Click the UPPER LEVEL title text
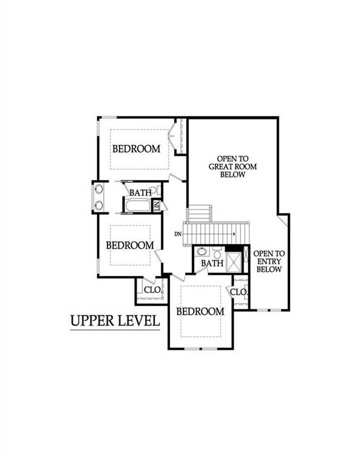(x=115, y=320)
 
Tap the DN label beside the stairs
(x=178, y=234)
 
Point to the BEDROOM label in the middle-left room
(x=129, y=245)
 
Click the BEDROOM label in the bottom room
(x=200, y=311)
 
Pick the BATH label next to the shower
(x=212, y=263)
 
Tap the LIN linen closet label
(x=157, y=206)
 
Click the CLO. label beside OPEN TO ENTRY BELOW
(x=239, y=292)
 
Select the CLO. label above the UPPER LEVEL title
(x=152, y=290)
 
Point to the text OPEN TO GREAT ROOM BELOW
(x=226, y=164)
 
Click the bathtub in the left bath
(x=137, y=205)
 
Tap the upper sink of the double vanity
(x=98, y=189)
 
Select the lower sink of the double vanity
(x=98, y=205)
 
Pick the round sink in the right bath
(x=202, y=251)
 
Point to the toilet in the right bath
(x=217, y=252)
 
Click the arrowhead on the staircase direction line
(x=233, y=232)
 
